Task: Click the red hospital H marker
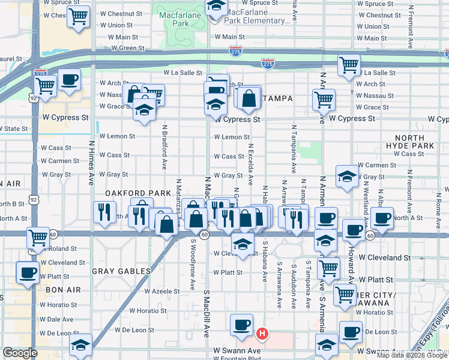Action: (262, 333)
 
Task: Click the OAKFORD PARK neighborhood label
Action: (134, 193)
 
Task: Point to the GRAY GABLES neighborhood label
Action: (121, 271)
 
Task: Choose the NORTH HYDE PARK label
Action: (414, 142)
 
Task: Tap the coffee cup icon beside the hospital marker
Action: (241, 325)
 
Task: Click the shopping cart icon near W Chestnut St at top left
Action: (79, 16)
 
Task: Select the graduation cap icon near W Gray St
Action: (346, 175)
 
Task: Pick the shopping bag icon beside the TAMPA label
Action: (248, 97)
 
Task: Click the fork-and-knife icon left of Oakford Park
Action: (105, 211)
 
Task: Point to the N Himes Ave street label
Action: (92, 162)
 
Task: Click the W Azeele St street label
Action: (162, 291)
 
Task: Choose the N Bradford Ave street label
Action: (164, 147)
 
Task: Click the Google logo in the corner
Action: (20, 353)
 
